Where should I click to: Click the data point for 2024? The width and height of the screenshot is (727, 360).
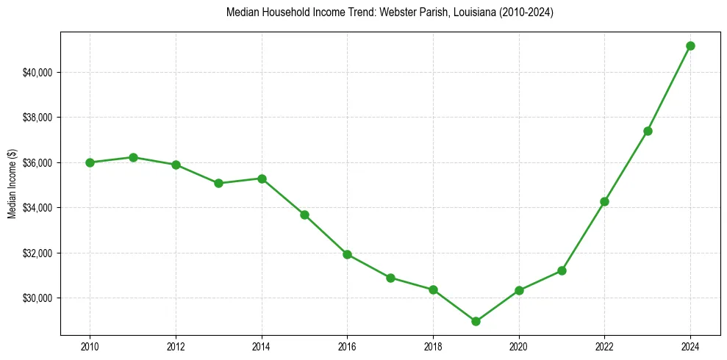690,46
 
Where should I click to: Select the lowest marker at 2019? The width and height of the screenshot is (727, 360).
476,321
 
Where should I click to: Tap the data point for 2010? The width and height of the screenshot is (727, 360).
90,162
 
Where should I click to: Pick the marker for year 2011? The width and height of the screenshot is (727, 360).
133,157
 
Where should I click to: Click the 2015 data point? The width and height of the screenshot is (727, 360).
304,215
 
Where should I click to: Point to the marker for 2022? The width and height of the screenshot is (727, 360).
604,201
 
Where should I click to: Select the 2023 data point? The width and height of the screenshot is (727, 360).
648,131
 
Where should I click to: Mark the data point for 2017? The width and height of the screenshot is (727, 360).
390,278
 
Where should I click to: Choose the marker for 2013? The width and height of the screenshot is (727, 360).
218,183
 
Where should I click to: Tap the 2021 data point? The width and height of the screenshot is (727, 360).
562,270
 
